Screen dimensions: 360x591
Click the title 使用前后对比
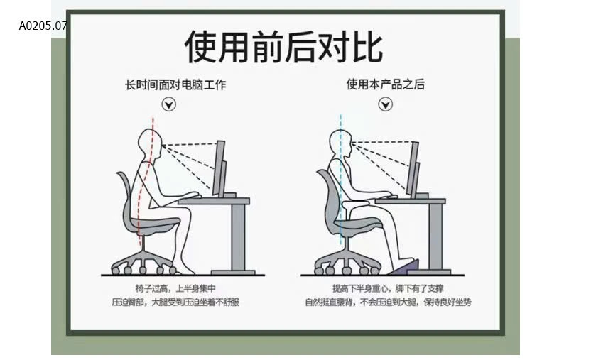click(x=283, y=47)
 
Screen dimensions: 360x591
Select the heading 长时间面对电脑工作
click(x=175, y=85)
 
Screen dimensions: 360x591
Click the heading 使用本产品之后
click(x=385, y=84)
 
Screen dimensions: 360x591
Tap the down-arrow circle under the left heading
click(x=169, y=105)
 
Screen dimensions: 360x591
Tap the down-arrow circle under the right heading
click(x=385, y=105)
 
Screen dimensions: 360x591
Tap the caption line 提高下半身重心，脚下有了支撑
click(x=388, y=288)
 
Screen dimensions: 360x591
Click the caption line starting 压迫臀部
click(x=175, y=302)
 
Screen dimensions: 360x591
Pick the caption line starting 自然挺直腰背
click(x=388, y=302)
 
